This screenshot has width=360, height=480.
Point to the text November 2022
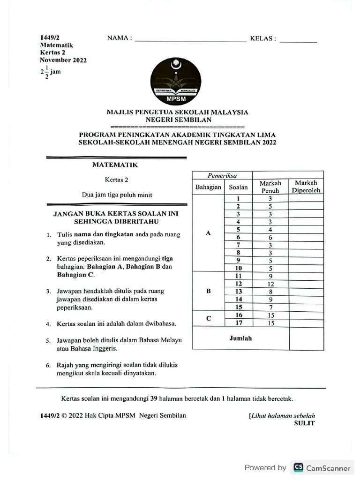click(63, 60)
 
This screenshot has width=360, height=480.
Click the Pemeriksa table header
click(222, 176)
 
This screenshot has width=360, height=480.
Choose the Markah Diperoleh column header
click(306, 187)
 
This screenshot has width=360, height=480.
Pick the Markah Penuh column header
click(270, 187)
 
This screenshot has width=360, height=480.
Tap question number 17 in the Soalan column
click(239, 323)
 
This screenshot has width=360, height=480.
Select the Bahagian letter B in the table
click(209, 291)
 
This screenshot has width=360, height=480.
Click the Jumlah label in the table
click(240, 338)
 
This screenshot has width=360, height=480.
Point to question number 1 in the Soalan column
click(239, 198)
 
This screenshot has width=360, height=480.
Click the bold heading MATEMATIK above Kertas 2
click(115, 165)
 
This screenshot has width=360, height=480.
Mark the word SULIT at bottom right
click(304, 423)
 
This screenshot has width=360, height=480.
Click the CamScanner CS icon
click(298, 467)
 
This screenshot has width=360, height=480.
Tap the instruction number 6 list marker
click(48, 365)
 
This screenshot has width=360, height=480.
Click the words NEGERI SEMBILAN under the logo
click(178, 120)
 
